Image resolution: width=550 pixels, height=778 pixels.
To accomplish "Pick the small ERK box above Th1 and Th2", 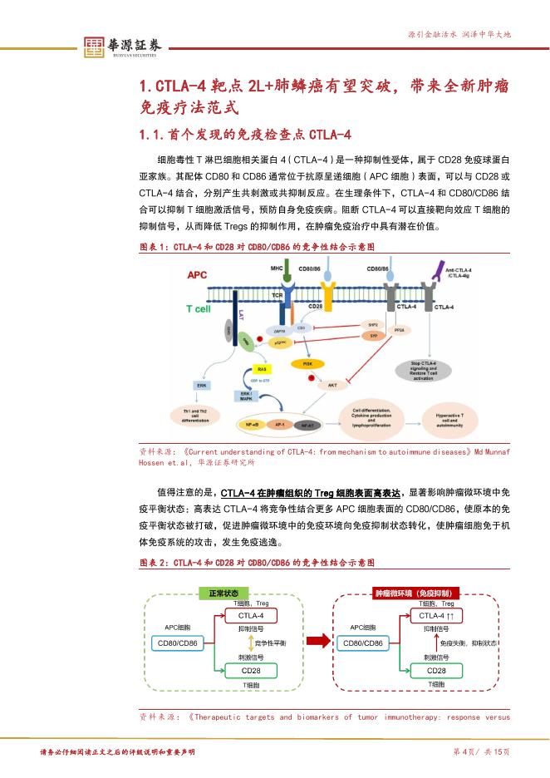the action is pos(201,385).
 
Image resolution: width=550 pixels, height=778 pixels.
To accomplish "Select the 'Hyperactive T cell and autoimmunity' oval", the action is pos(451,417).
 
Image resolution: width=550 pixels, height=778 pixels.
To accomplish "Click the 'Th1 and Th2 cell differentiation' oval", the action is pos(201,415).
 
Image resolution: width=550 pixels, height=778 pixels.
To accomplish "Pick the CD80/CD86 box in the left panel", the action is pos(176,643).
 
